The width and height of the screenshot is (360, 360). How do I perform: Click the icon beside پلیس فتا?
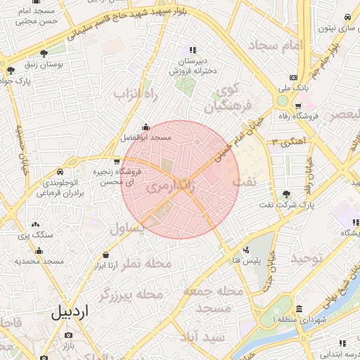[x=245, y=250]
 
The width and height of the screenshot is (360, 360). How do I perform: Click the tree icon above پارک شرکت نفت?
[x=285, y=194]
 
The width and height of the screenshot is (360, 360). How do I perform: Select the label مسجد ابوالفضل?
[x=146, y=138]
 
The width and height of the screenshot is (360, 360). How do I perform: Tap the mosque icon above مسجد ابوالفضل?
[x=146, y=127]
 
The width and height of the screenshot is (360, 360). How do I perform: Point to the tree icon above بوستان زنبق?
[x=44, y=53]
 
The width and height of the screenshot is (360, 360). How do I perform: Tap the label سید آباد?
[x=201, y=337]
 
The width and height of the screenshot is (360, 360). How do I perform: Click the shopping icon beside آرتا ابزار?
[x=105, y=255]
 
